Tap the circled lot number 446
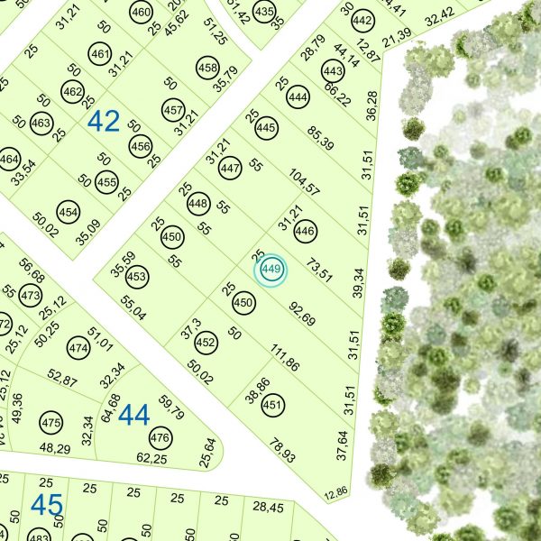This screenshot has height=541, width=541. [x=305, y=232]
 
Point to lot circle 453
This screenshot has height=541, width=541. [x=136, y=276]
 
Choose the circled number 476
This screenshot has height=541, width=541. [x=160, y=439]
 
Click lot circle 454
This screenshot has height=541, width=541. [x=68, y=211]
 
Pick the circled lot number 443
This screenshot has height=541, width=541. [x=333, y=71]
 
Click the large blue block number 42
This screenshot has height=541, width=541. [x=104, y=122]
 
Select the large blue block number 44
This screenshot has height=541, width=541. [x=133, y=415]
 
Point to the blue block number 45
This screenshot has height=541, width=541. [x=46, y=506]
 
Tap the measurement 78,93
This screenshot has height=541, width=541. [x=283, y=451]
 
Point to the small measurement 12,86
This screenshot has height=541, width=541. [x=335, y=492]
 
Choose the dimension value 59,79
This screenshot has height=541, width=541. [x=170, y=407]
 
